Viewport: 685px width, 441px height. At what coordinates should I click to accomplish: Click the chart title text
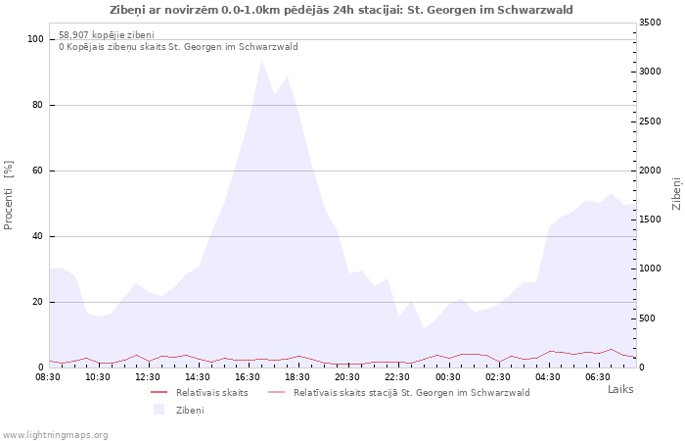point(341,10)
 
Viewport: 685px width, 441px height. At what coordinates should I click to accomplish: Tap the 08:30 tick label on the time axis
point(48,377)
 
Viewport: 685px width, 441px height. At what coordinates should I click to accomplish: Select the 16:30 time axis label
point(248,377)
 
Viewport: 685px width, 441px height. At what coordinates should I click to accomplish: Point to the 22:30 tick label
point(397,377)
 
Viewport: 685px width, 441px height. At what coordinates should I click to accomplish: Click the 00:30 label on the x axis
point(448,377)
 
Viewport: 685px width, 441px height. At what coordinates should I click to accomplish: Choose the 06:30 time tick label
point(598,377)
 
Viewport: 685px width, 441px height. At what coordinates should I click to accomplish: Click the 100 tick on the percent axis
point(35,39)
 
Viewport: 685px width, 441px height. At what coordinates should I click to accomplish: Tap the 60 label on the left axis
point(38,171)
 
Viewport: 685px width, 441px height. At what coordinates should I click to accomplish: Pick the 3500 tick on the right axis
point(650,23)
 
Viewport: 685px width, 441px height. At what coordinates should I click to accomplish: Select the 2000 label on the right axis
point(650,171)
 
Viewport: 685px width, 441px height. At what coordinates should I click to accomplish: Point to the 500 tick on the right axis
point(647,318)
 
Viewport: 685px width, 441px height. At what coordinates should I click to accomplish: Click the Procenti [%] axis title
point(8,195)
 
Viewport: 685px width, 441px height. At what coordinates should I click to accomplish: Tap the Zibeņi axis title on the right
point(677,194)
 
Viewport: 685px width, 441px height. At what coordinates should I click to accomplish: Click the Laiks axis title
point(620,389)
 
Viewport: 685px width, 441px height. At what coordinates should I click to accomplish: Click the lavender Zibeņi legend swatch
point(159,410)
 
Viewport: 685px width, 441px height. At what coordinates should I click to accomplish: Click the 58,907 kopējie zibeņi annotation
point(107,35)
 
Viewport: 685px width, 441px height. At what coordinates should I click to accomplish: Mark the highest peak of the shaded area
point(261,61)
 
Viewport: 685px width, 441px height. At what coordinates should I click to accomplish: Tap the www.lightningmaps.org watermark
point(55,435)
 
